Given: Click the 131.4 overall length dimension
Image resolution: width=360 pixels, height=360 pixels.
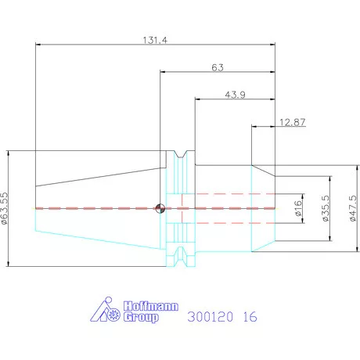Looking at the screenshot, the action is pos(155,40).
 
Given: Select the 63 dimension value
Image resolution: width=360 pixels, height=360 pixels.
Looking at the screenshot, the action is pos(218,67).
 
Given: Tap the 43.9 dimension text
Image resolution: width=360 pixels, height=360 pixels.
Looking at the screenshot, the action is pos(235,95).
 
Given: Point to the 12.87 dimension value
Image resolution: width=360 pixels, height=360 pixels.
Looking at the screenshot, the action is pos(292,122).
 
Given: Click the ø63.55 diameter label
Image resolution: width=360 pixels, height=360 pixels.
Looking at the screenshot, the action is pos(5,208).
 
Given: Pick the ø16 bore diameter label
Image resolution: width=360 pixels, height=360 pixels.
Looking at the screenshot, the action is pos(298,208).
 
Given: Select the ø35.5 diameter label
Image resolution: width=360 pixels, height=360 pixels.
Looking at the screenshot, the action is pos(326,208).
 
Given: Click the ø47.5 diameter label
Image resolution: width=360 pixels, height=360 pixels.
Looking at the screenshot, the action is pos(353,208).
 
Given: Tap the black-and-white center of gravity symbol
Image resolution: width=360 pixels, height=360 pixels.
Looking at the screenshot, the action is pos(160,208).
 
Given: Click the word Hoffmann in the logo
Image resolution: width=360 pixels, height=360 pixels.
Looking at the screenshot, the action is pos(151,306).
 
